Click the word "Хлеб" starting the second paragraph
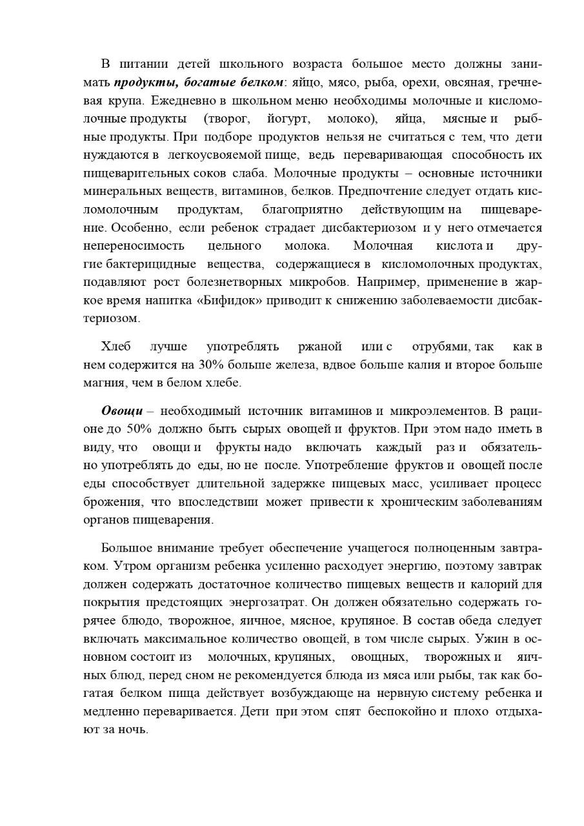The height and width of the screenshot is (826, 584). (116, 347)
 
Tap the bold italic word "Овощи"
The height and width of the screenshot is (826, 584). (122, 411)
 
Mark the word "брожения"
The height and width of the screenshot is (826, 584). (112, 501)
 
